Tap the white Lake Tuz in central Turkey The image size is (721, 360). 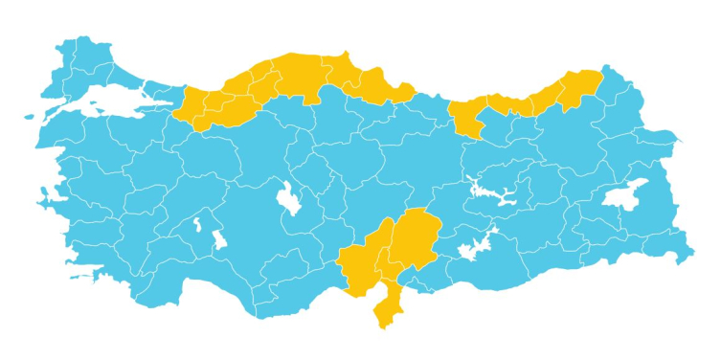click(286, 198)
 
